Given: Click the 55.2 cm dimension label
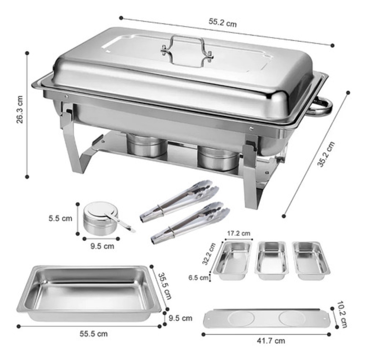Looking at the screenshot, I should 223,23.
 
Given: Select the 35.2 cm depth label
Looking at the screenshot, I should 326,154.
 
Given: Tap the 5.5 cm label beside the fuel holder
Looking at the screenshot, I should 60,219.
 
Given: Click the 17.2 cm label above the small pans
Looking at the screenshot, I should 239,234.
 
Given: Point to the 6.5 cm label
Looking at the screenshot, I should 198,278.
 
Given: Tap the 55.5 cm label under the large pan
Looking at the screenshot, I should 94,333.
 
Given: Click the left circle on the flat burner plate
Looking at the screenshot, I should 241,318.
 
